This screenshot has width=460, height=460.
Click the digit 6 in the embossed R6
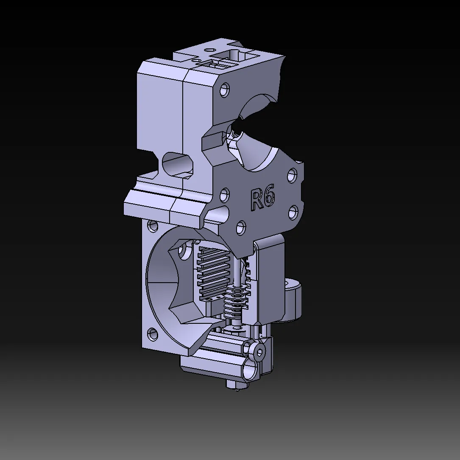click(x=269, y=197)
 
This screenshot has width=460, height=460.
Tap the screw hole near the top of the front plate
click(x=224, y=90)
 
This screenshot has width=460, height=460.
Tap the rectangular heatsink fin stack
click(x=213, y=272)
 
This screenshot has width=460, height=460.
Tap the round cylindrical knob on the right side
click(x=294, y=299)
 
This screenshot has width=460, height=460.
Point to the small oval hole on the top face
click(x=208, y=50)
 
